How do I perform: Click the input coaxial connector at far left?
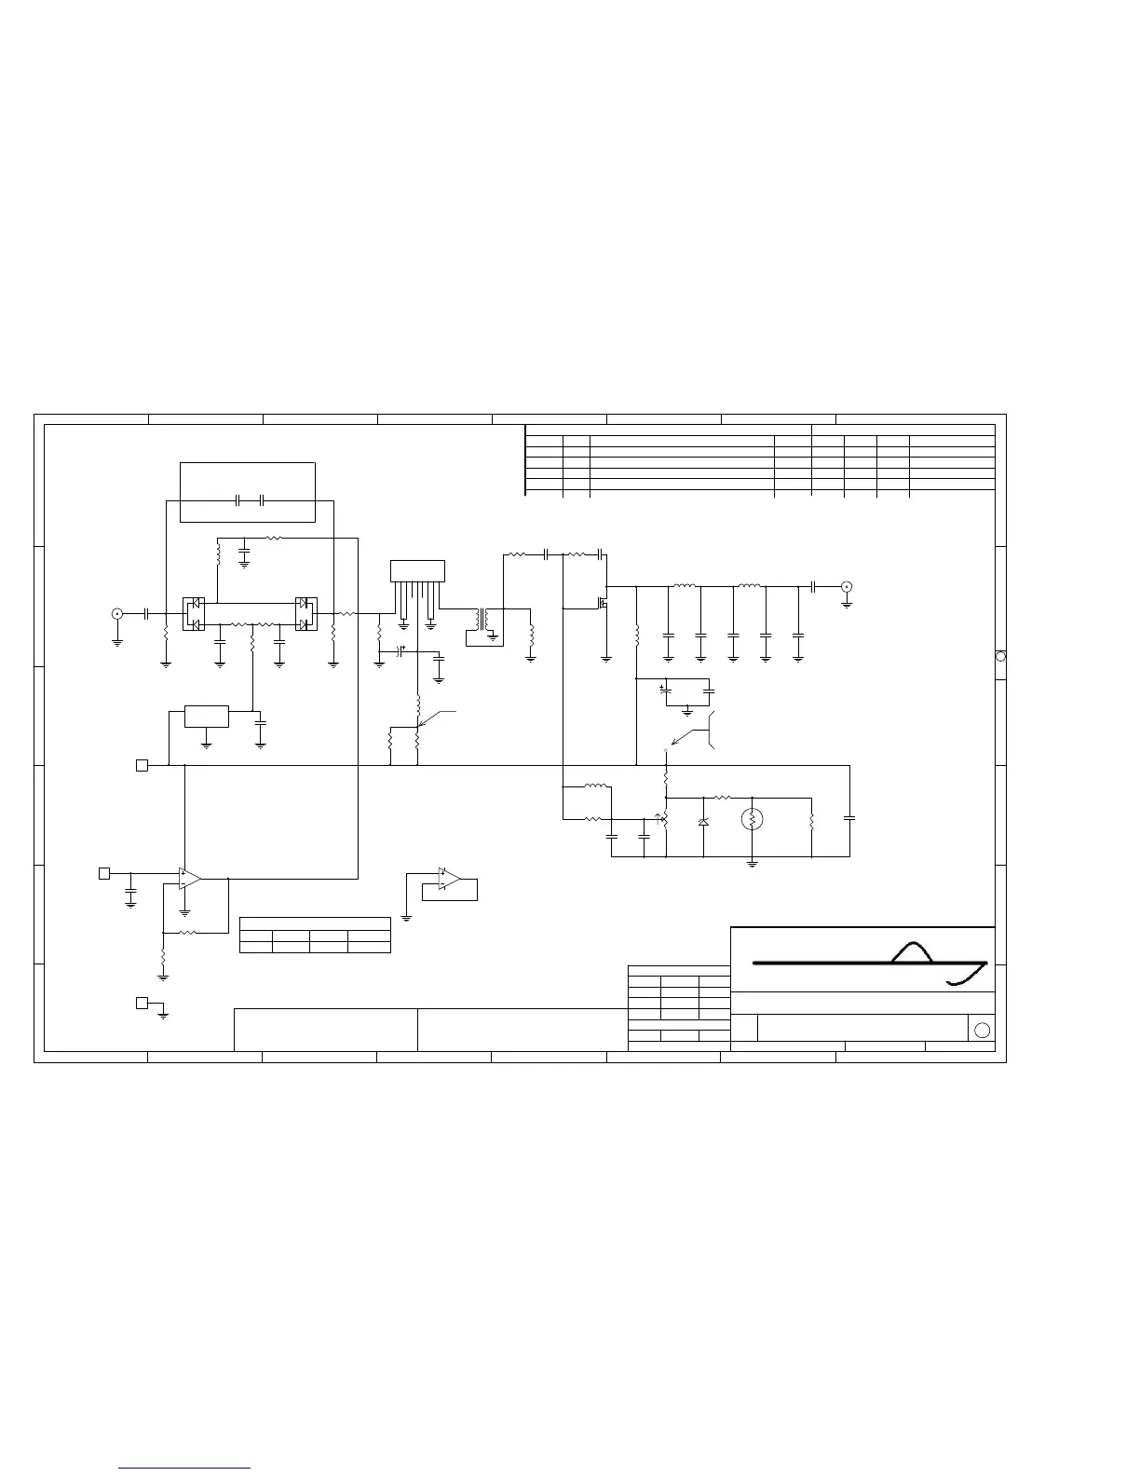tap(116, 613)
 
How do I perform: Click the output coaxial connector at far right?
tap(846, 586)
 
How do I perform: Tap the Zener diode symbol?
tap(703, 822)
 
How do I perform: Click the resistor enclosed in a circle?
tap(753, 819)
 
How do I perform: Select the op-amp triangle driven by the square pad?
tap(190, 878)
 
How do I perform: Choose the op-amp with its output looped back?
tap(449, 879)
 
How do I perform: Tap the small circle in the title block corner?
tap(981, 1030)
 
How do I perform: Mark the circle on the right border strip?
tap(1000, 656)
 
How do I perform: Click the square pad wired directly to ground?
tap(142, 1003)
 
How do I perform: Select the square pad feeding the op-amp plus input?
tap(104, 873)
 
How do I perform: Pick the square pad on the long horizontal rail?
tap(142, 765)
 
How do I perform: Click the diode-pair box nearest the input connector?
tap(193, 613)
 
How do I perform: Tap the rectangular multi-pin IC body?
tap(417, 570)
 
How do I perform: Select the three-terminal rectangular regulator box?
tap(207, 717)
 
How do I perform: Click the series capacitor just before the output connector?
tap(813, 586)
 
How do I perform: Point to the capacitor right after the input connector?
tap(147, 613)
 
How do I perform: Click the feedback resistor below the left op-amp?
tap(187, 931)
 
